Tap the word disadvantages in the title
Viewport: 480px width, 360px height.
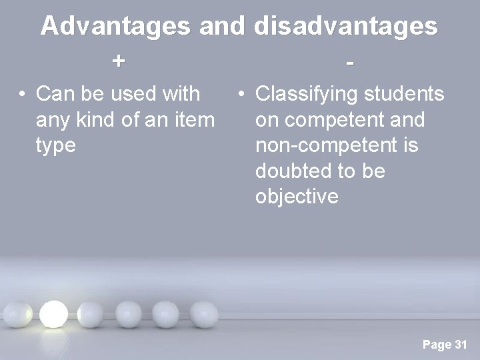pos(345,27)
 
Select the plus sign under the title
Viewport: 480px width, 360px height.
pos(118,61)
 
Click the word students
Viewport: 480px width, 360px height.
pos(406,95)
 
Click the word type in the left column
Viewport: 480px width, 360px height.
pos(57,146)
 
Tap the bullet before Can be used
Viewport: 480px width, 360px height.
pos(23,95)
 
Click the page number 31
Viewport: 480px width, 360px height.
pos(460,345)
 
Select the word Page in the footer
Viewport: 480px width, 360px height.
pos(437,345)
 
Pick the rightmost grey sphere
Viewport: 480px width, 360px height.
pos(200,313)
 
